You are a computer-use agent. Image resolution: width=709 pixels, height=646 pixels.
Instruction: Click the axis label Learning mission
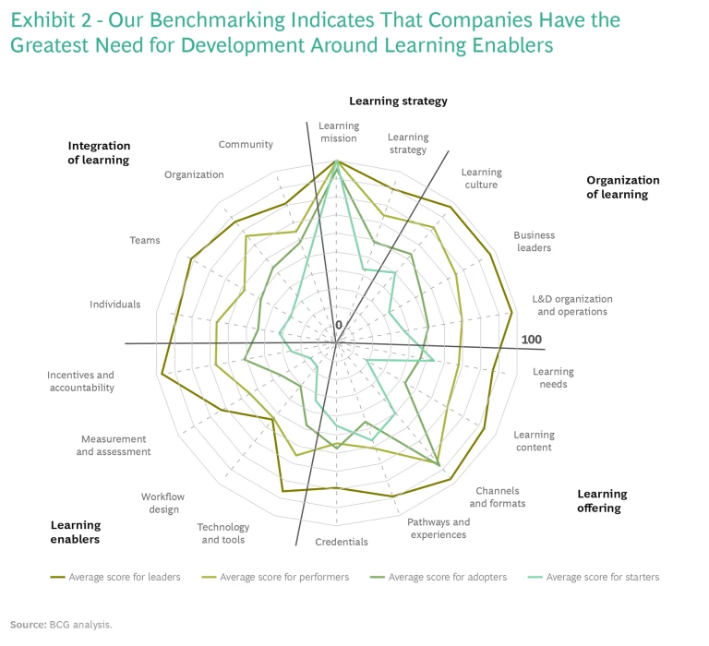click(x=339, y=132)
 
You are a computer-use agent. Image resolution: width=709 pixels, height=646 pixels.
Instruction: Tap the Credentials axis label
click(x=342, y=542)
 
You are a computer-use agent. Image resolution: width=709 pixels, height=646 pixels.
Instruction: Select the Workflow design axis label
click(x=162, y=503)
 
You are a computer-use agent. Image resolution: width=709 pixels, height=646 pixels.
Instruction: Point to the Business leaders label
click(x=534, y=241)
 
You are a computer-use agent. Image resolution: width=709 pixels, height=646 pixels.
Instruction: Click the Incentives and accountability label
click(x=81, y=381)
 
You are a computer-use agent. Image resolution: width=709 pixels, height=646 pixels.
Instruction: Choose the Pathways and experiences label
click(x=439, y=528)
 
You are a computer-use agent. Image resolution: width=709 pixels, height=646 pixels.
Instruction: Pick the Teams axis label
click(x=145, y=241)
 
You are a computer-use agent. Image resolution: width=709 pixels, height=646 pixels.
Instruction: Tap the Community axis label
click(x=246, y=144)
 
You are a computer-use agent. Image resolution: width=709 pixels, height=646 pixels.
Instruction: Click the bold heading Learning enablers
click(x=76, y=532)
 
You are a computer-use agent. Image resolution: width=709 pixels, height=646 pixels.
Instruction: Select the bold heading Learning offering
click(x=602, y=501)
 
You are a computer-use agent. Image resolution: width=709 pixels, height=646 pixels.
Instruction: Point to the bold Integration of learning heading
click(x=99, y=152)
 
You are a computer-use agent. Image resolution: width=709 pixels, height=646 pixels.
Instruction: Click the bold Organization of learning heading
click(x=623, y=187)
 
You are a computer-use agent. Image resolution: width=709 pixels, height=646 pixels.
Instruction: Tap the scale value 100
click(x=531, y=340)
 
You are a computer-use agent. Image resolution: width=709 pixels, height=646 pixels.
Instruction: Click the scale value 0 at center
click(x=339, y=325)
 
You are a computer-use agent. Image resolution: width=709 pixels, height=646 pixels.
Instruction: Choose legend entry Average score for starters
click(x=603, y=578)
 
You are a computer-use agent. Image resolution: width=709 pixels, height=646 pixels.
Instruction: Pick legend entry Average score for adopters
click(x=448, y=578)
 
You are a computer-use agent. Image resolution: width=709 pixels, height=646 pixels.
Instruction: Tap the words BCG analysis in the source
click(x=81, y=625)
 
